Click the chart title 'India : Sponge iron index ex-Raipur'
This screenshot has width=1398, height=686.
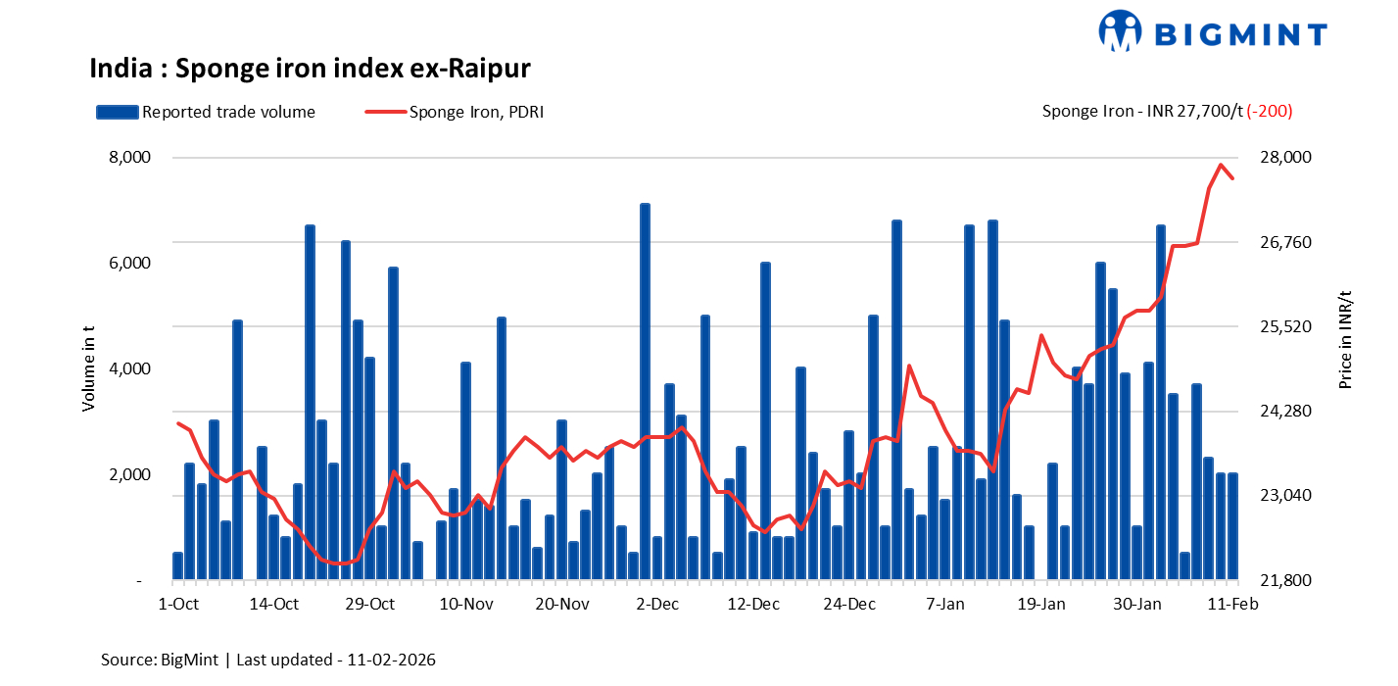[310, 69]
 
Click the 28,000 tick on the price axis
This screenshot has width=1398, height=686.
[1282, 158]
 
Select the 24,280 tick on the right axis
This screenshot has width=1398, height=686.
[1282, 412]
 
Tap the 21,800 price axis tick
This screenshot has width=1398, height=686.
[1282, 581]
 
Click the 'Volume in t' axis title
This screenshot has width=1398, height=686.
[89, 369]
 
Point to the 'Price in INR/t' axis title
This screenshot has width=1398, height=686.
[1345, 340]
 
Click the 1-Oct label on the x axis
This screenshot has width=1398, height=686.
[178, 605]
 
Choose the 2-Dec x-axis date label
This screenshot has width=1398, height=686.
[657, 605]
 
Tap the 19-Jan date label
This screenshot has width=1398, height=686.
[1041, 605]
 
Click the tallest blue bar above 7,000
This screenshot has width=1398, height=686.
[645, 392]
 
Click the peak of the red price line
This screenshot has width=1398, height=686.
[1221, 165]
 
